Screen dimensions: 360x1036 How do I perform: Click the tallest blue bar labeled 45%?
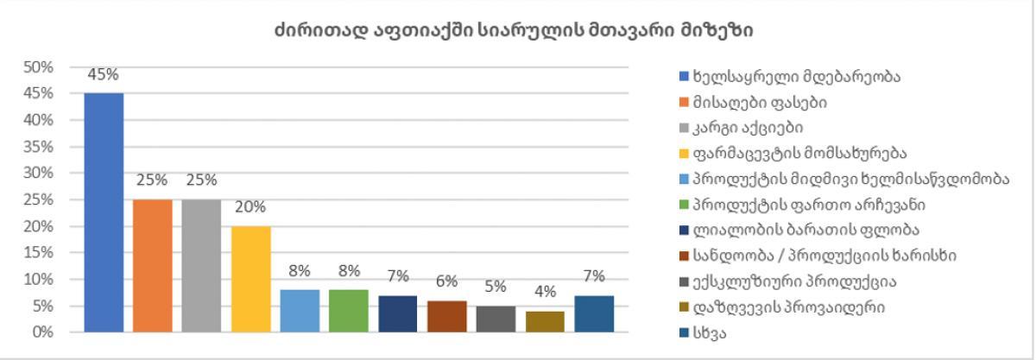(x=104, y=212)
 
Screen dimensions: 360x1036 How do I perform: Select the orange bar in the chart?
(x=153, y=265)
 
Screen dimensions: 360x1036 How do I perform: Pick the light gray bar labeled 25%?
(x=201, y=265)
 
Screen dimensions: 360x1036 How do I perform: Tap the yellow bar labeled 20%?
(x=250, y=279)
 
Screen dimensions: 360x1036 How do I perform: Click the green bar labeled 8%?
(x=348, y=311)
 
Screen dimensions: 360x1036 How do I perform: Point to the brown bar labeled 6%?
(x=445, y=316)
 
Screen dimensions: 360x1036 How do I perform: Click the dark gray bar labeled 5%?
(x=495, y=319)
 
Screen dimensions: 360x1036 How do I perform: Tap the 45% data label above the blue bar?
(x=104, y=74)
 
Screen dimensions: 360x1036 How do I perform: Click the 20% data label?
(x=250, y=207)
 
